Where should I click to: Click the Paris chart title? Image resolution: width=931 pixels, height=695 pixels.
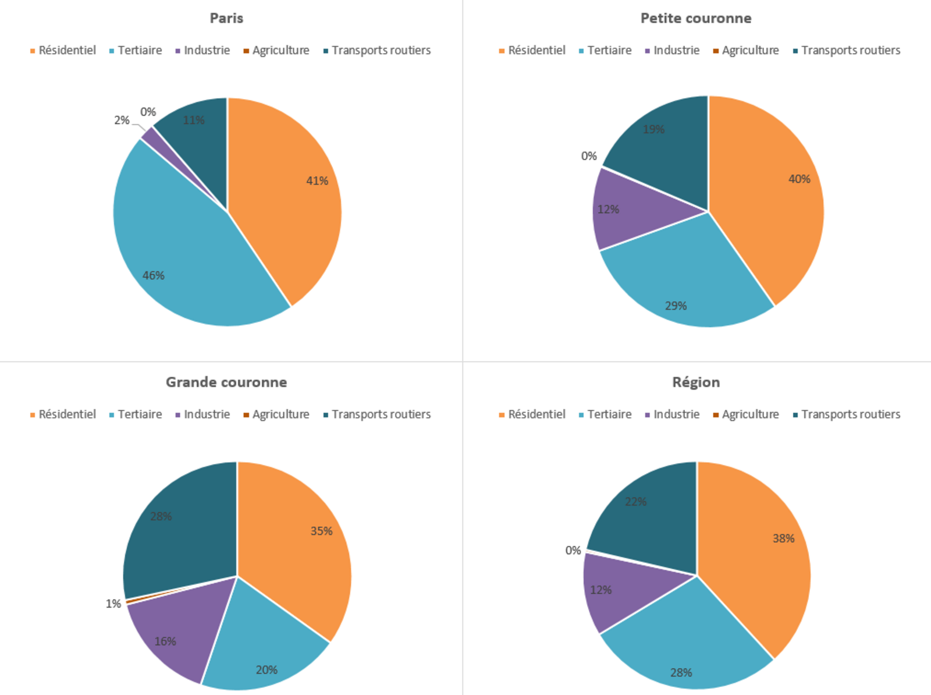click(226, 18)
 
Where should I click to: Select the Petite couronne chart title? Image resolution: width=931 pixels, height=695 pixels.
click(696, 18)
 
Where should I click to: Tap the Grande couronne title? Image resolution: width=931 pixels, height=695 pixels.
click(226, 382)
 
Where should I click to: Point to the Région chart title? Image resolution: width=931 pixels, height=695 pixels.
click(696, 382)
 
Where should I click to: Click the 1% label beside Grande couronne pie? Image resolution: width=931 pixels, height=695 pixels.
click(113, 604)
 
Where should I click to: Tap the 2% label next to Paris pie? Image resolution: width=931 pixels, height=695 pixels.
click(122, 120)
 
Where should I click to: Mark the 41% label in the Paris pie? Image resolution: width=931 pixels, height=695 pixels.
click(317, 180)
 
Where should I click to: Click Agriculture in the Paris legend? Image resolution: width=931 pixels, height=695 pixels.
click(280, 50)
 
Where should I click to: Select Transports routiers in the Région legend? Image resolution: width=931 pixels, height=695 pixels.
click(850, 414)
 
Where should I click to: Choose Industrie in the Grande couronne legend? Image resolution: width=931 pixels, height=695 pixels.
click(207, 414)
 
